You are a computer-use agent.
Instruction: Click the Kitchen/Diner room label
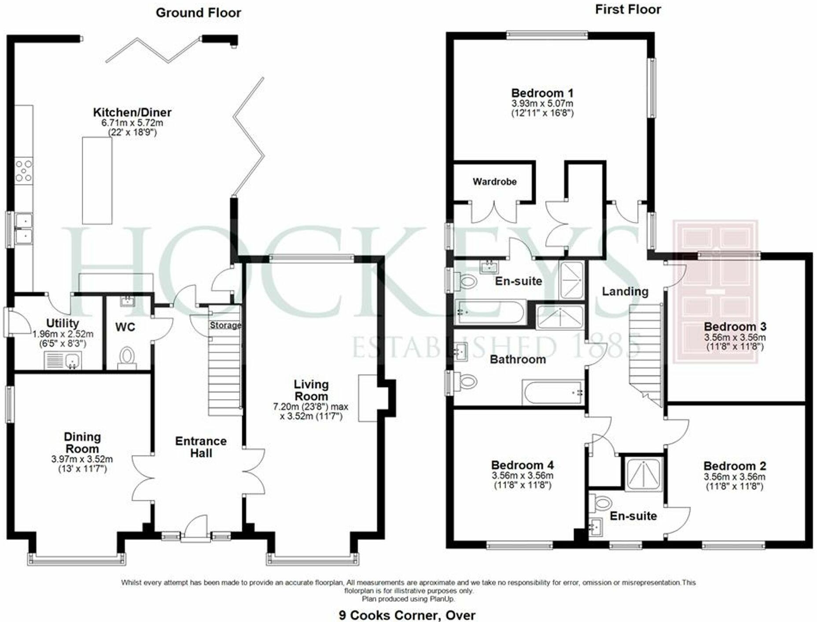[132, 112]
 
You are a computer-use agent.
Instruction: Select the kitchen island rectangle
[97, 181]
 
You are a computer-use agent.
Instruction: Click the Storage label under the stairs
[225, 326]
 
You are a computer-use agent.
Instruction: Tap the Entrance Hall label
[201, 447]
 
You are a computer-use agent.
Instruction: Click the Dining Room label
[82, 443]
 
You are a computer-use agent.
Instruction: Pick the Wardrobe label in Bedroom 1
[494, 181]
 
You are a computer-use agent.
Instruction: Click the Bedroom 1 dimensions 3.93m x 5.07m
[542, 104]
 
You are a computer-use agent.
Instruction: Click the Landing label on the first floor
[625, 291]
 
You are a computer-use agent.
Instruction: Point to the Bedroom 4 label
[522, 465]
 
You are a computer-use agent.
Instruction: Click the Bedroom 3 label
[735, 327]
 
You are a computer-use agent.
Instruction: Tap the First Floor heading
[628, 10]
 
